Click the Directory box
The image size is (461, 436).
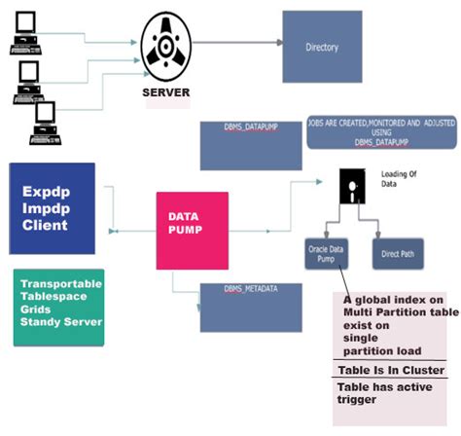322,47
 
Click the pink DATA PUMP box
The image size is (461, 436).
193,230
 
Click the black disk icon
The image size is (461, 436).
352,185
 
